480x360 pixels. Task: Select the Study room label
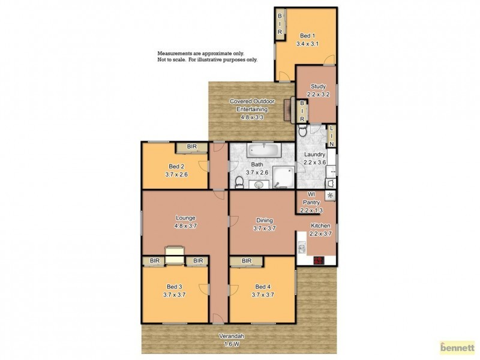click(317, 91)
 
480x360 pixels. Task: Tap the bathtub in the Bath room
click(262, 150)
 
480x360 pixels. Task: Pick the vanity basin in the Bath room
click(259, 184)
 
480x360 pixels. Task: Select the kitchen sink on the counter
click(302, 247)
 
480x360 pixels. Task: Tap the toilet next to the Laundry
click(302, 130)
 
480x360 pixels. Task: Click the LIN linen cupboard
click(331, 137)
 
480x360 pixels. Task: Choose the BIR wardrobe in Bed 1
click(280, 25)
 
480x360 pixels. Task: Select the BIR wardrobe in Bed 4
click(246, 261)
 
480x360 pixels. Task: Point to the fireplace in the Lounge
click(173, 255)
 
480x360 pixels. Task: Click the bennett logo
click(457, 347)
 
